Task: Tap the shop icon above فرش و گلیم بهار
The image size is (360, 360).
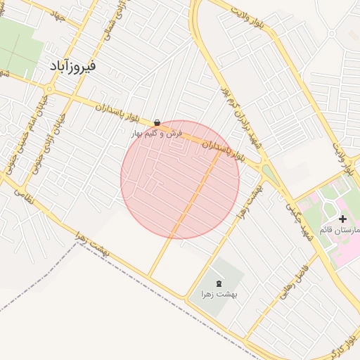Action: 156,122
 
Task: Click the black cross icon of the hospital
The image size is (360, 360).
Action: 342,219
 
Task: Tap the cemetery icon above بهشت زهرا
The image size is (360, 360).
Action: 218,283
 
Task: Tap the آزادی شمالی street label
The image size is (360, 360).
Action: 111,21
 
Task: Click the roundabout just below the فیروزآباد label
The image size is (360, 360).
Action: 50,89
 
